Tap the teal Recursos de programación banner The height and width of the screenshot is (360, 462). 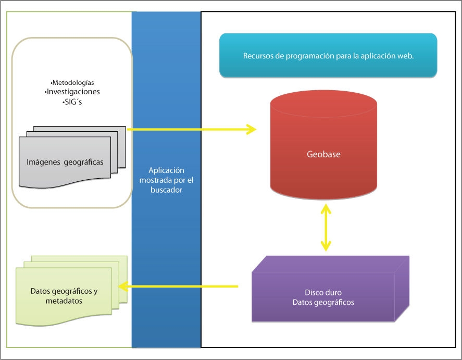tap(328, 56)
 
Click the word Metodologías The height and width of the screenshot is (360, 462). tap(72, 82)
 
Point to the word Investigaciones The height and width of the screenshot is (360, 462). tap(72, 92)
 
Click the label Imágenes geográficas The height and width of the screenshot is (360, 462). tap(65, 162)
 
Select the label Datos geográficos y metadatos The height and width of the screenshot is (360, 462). tap(64, 296)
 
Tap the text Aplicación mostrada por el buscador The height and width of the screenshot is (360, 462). tap(166, 180)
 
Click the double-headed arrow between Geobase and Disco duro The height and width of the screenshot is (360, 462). tap(326, 228)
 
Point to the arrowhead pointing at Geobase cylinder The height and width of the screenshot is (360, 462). tap(252, 129)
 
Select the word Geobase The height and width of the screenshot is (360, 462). tap(323, 154)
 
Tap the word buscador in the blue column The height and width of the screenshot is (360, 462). tap(166, 190)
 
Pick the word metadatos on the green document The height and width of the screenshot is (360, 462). tap(64, 301)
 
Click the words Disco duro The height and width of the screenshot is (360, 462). tap(323, 292)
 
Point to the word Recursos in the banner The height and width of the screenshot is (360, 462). tap(257, 56)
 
